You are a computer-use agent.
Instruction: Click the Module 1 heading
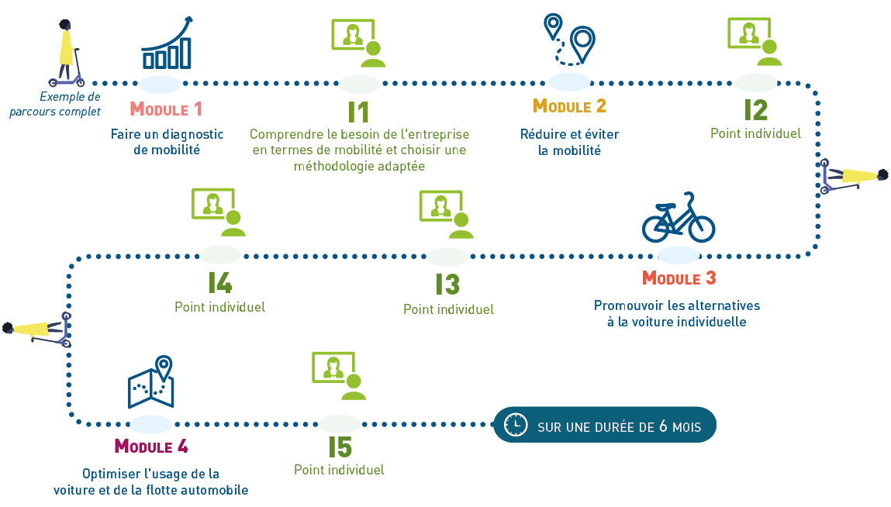[166, 109]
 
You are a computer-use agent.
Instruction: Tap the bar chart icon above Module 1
[167, 43]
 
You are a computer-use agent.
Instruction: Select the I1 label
[358, 112]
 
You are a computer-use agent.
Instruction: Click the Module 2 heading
[569, 105]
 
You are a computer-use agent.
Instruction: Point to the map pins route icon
[569, 39]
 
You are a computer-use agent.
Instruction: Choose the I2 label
[756, 110]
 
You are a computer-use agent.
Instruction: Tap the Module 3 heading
[679, 278]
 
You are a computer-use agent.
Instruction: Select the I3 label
[447, 285]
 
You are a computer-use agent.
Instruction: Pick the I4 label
[220, 282]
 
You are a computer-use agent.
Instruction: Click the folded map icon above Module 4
[151, 382]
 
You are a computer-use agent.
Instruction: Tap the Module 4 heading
[151, 447]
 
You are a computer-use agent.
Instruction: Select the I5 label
[340, 447]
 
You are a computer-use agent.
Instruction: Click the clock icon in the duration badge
[516, 425]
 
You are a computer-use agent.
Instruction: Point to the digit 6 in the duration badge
[663, 426]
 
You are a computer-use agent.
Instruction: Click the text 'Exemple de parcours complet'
[55, 104]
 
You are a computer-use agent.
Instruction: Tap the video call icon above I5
[339, 376]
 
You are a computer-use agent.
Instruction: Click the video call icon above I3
[447, 214]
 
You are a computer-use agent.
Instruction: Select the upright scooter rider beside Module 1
[67, 53]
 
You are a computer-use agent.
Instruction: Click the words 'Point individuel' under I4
[220, 307]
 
